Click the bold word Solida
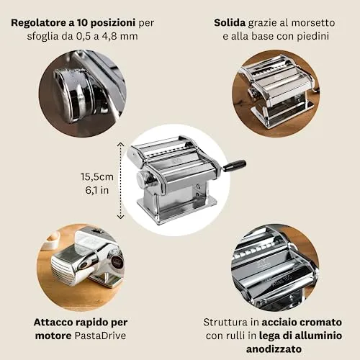230,23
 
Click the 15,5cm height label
97,177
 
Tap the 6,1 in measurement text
97,190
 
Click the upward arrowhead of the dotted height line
120,144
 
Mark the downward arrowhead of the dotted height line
120,217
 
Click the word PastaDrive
100,336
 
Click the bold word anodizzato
274,348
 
